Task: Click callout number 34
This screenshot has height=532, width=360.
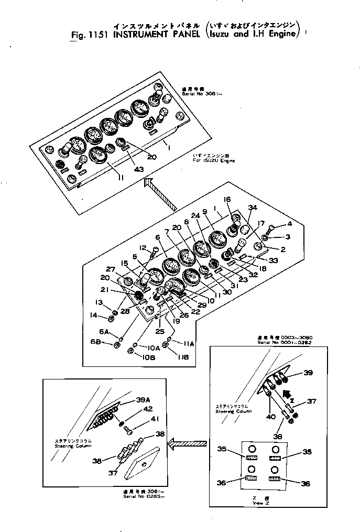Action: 253,208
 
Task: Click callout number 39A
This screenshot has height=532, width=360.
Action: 127,400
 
